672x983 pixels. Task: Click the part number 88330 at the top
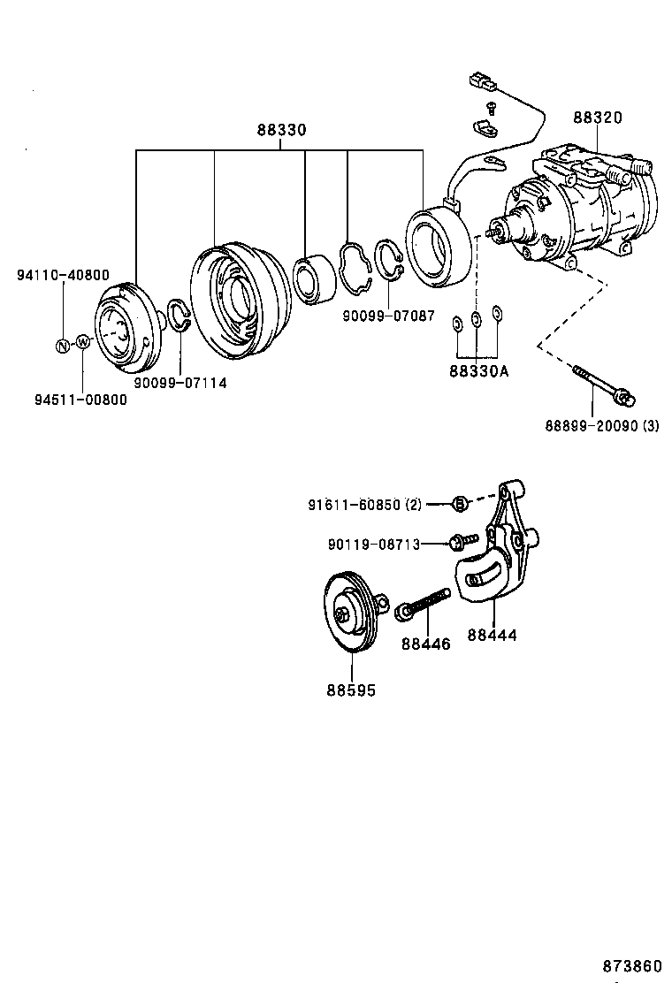pos(281,130)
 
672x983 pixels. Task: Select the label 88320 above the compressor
pos(597,117)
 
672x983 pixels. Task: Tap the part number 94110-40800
pos(63,276)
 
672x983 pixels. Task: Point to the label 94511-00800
pos(80,400)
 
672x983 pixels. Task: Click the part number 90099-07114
pos(180,382)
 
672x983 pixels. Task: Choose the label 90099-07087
pos(390,315)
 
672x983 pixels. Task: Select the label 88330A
pos(478,371)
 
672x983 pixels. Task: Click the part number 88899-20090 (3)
pos(601,425)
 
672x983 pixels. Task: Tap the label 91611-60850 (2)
pos(365,505)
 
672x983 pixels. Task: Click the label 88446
pos(425,644)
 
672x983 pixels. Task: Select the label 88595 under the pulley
pos(351,690)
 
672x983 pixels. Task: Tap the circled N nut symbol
pos(63,346)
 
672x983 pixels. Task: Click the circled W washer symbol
pos(81,342)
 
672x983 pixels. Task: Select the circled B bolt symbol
pos(459,504)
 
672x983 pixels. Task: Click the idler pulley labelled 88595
pos(349,613)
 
